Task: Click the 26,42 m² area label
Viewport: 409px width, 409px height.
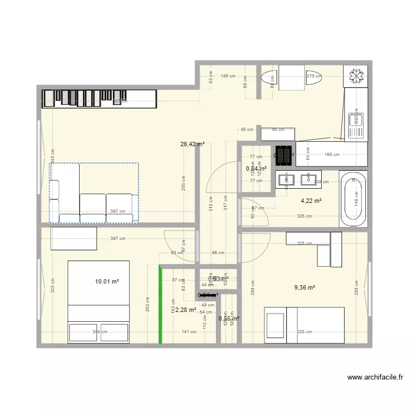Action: tap(193, 145)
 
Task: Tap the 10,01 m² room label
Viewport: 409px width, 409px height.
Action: tap(107, 281)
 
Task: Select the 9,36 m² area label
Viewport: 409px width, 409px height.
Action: tap(305, 287)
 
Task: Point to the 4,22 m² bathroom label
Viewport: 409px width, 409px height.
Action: tap(311, 201)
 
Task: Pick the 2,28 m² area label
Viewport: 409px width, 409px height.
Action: tap(185, 310)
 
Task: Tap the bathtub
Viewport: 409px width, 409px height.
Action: tap(353, 199)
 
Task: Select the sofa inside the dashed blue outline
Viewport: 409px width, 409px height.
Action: tap(94, 193)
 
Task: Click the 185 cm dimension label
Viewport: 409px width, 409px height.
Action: tap(332, 154)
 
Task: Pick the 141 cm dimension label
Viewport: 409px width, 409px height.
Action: tap(189, 332)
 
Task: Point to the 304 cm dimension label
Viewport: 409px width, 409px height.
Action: tap(100, 332)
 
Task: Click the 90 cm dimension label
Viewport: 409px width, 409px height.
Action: tap(278, 129)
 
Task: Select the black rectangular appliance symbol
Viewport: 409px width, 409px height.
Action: tap(284, 155)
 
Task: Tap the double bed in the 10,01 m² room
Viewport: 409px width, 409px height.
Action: tap(98, 302)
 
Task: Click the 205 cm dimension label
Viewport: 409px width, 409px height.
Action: tap(184, 185)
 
